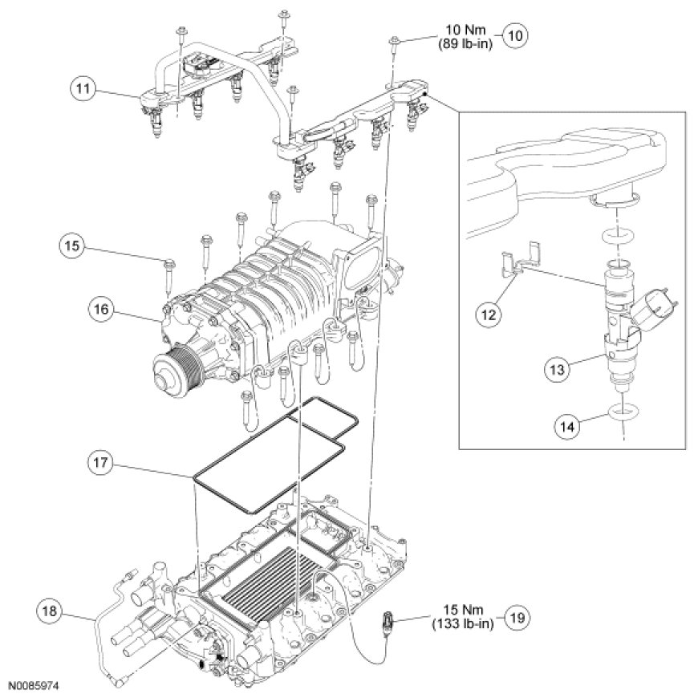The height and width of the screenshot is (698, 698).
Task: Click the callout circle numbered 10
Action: pyautogui.click(x=516, y=36)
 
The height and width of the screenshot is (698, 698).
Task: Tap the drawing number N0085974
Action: pyautogui.click(x=35, y=687)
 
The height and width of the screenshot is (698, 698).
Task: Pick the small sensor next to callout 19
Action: pyautogui.click(x=388, y=622)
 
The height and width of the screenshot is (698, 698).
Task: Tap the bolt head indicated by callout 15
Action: pyautogui.click(x=168, y=264)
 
